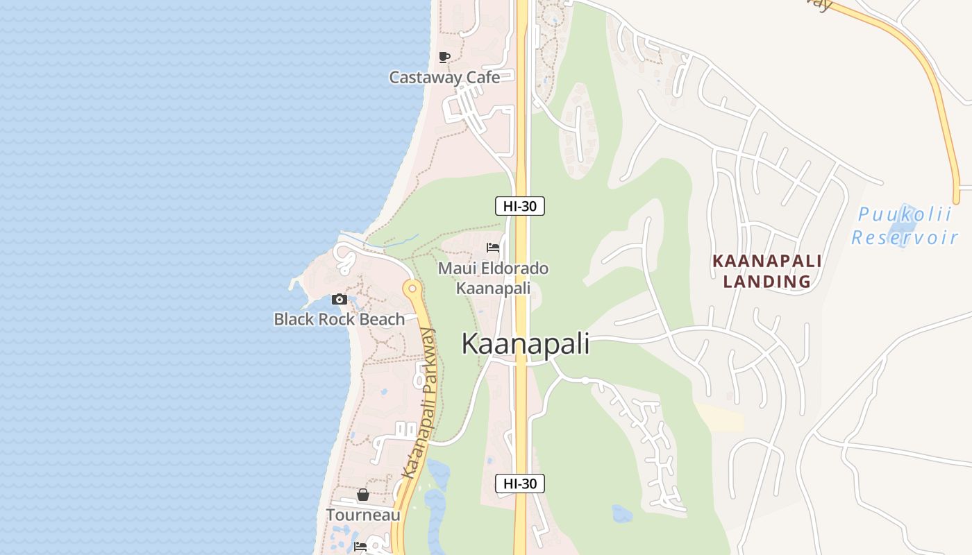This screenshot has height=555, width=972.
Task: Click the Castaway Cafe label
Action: (x=444, y=77)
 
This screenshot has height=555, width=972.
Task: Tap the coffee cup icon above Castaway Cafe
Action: (x=444, y=57)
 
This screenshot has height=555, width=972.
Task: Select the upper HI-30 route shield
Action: (x=519, y=205)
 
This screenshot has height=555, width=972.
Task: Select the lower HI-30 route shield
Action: (x=519, y=484)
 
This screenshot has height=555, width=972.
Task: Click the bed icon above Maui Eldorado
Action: (x=493, y=248)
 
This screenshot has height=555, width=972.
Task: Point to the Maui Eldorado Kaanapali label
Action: (x=493, y=277)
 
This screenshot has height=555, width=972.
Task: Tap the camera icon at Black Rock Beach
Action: (x=340, y=299)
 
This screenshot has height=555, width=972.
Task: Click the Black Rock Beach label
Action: (x=339, y=319)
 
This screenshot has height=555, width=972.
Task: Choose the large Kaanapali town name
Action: (x=526, y=344)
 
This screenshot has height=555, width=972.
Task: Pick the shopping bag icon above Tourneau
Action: (x=363, y=495)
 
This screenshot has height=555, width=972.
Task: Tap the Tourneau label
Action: (x=363, y=515)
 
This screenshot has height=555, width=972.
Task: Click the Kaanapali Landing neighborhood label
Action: (x=767, y=271)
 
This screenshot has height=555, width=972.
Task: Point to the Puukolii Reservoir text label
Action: (x=904, y=225)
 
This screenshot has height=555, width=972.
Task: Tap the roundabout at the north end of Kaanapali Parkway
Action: (x=412, y=288)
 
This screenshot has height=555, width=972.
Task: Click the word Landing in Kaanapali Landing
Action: (x=767, y=282)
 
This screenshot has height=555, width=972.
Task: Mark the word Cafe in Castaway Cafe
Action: (x=483, y=77)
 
